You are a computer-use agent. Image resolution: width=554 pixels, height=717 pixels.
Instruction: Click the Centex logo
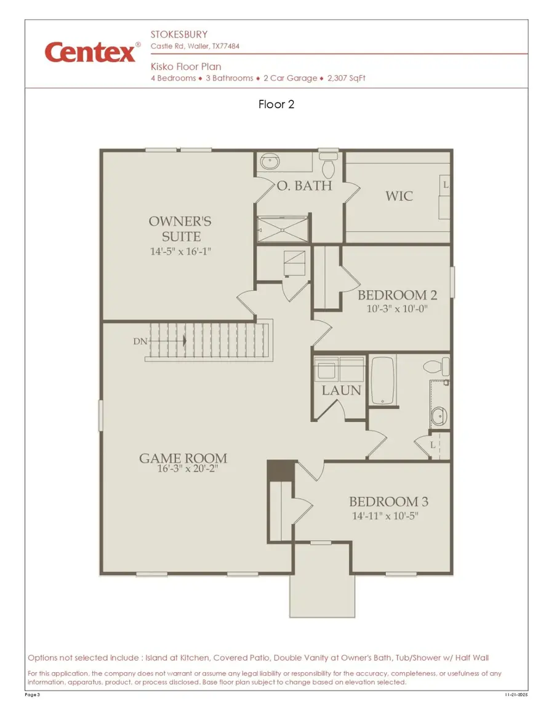pos(90,53)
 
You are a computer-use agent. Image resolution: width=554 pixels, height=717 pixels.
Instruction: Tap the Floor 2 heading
pos(276,105)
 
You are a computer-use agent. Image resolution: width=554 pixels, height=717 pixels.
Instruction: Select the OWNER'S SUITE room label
pos(180,229)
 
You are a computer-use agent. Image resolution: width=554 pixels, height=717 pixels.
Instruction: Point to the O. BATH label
pos(304,185)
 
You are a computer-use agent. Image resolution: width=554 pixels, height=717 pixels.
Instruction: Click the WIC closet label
pos(399,197)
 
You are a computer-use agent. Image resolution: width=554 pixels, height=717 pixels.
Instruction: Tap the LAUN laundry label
pos(341,390)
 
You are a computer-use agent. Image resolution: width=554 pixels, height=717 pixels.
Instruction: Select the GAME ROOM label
pos(183,458)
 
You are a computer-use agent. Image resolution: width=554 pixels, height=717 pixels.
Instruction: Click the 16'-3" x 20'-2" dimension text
pos(188,469)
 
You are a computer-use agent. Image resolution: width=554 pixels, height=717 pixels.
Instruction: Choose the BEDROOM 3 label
pos(388,502)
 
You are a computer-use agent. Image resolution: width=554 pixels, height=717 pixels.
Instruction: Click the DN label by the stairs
pos(140,341)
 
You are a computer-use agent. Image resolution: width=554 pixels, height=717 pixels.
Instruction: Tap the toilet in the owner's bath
pos(329,165)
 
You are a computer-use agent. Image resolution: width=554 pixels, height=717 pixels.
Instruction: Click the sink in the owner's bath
pos(269,162)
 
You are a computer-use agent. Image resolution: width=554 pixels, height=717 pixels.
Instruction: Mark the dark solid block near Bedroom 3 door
pos(281,471)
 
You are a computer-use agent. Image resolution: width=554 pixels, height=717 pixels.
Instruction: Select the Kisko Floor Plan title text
pos(186,66)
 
